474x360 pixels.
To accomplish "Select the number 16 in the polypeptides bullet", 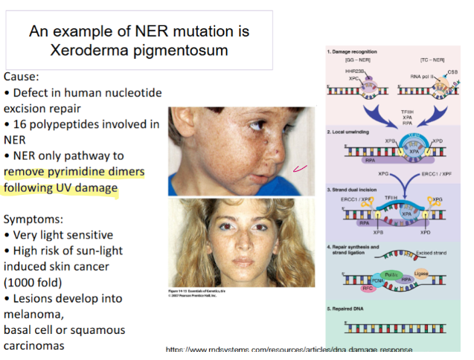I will (19, 123).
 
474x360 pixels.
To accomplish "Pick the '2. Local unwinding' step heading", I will (351, 131).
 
